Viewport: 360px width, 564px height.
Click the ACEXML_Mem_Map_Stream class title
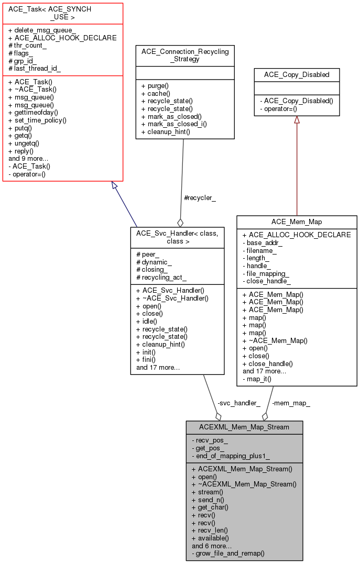pos(244,427)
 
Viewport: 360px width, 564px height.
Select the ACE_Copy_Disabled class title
pos(297,74)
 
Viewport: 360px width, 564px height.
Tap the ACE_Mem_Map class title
pos(297,222)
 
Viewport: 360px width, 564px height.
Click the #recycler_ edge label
pos(200,198)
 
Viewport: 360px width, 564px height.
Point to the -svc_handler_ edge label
pos(238,403)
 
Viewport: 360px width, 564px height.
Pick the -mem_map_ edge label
pos(291,403)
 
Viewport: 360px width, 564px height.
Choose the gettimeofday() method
pos(36,112)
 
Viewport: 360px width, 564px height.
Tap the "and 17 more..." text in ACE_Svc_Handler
pos(158,367)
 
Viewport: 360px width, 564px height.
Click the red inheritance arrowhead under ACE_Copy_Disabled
pos(297,119)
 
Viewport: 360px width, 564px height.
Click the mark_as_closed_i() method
pos(174,124)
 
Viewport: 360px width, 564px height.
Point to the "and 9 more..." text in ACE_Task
pos(28,158)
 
